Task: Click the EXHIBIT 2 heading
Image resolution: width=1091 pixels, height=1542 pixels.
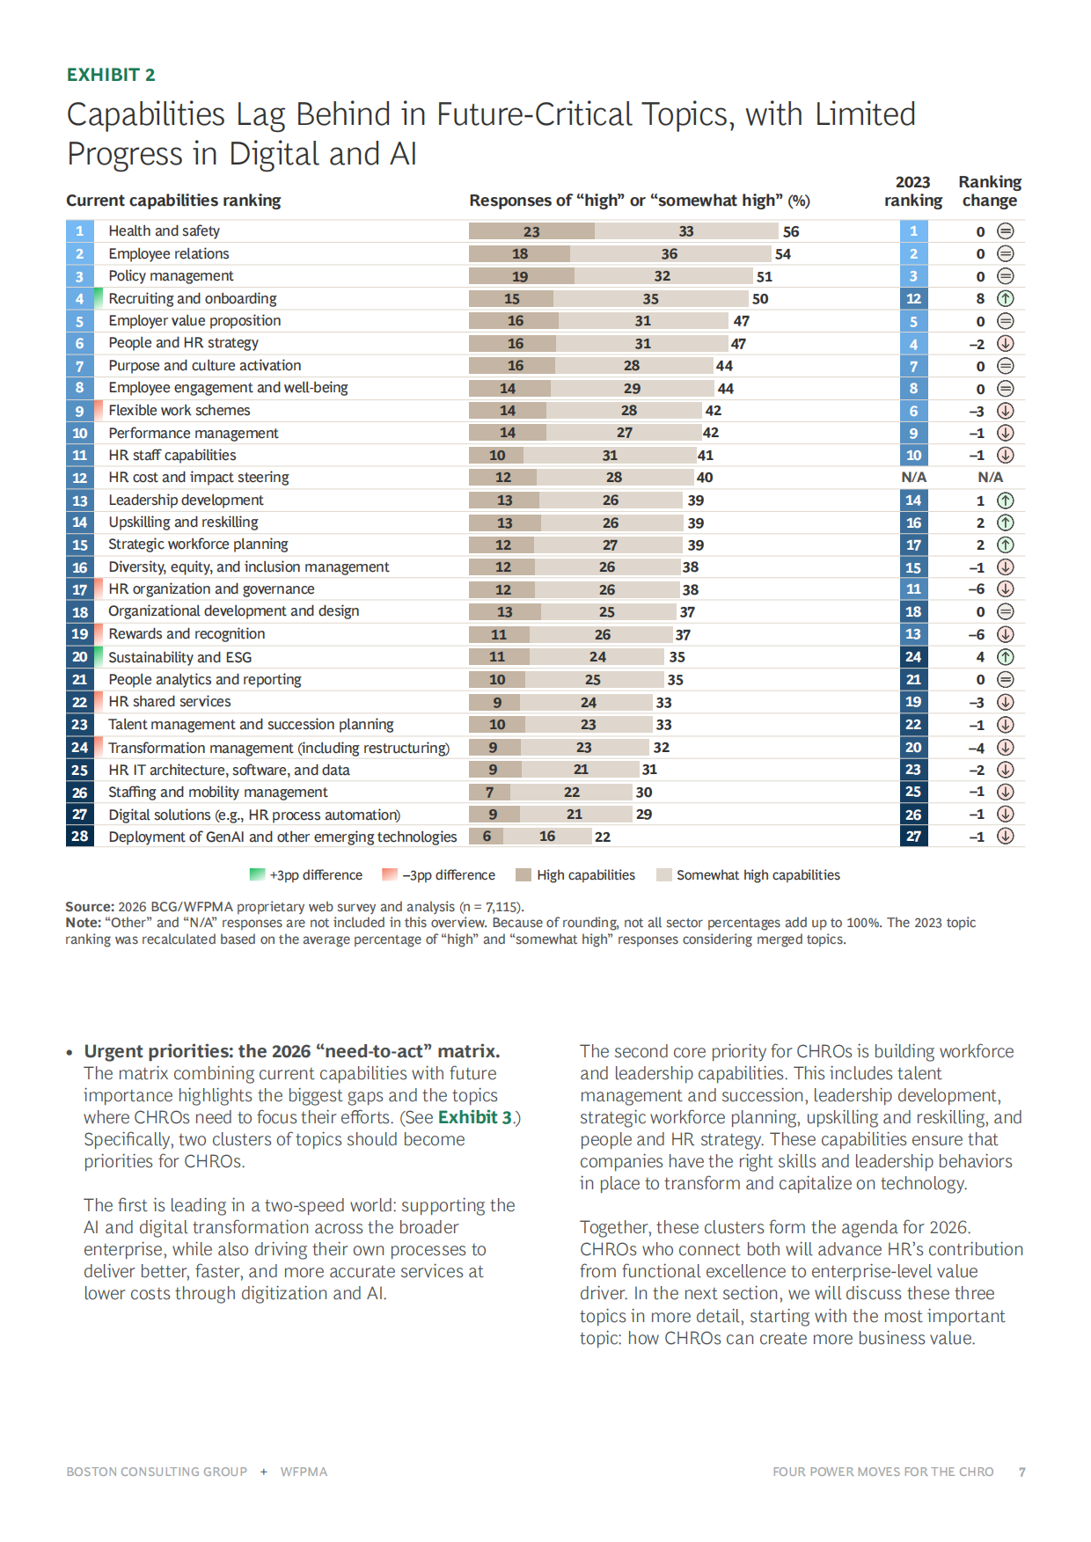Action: click(111, 75)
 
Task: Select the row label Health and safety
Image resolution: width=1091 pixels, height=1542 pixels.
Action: click(164, 230)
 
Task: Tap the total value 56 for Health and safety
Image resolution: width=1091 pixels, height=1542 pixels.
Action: click(791, 231)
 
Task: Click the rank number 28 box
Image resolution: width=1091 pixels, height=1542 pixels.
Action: click(79, 837)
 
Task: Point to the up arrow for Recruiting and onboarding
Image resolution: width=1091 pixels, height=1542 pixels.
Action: click(1006, 298)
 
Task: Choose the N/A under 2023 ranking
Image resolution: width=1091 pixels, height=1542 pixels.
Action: click(913, 477)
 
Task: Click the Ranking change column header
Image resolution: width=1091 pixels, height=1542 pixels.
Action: click(990, 191)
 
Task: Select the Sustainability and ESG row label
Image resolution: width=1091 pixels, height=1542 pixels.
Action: click(179, 657)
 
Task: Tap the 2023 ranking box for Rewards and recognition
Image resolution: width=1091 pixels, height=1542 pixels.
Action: click(913, 634)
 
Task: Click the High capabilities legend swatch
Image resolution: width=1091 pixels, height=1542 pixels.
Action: click(524, 875)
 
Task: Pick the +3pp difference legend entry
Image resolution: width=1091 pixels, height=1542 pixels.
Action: click(305, 875)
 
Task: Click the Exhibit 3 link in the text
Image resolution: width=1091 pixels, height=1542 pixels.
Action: click(475, 1117)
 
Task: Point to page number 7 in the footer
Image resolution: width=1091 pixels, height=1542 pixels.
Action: click(1022, 1472)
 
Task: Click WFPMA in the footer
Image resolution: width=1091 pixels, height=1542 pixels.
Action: click(304, 1472)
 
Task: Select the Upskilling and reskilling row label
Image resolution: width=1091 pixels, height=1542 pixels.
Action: click(183, 523)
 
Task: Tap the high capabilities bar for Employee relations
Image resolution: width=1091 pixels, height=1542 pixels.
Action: click(519, 254)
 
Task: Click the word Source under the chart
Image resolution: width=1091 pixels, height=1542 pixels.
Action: click(89, 906)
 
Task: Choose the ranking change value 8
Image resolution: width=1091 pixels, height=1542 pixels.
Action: click(980, 298)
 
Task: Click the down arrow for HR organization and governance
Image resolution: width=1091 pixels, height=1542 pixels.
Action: click(1006, 589)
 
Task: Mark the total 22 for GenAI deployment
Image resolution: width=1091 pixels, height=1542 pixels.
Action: click(603, 837)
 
